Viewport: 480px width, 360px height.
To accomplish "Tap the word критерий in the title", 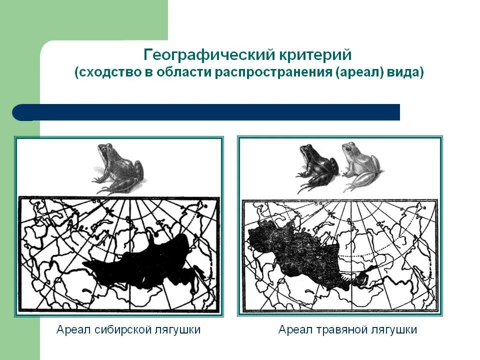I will [309, 54].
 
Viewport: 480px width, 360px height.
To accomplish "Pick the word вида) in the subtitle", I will [405, 72].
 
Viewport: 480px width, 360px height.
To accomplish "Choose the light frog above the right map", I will [359, 165].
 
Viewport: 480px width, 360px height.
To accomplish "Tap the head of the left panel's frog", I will [105, 150].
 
